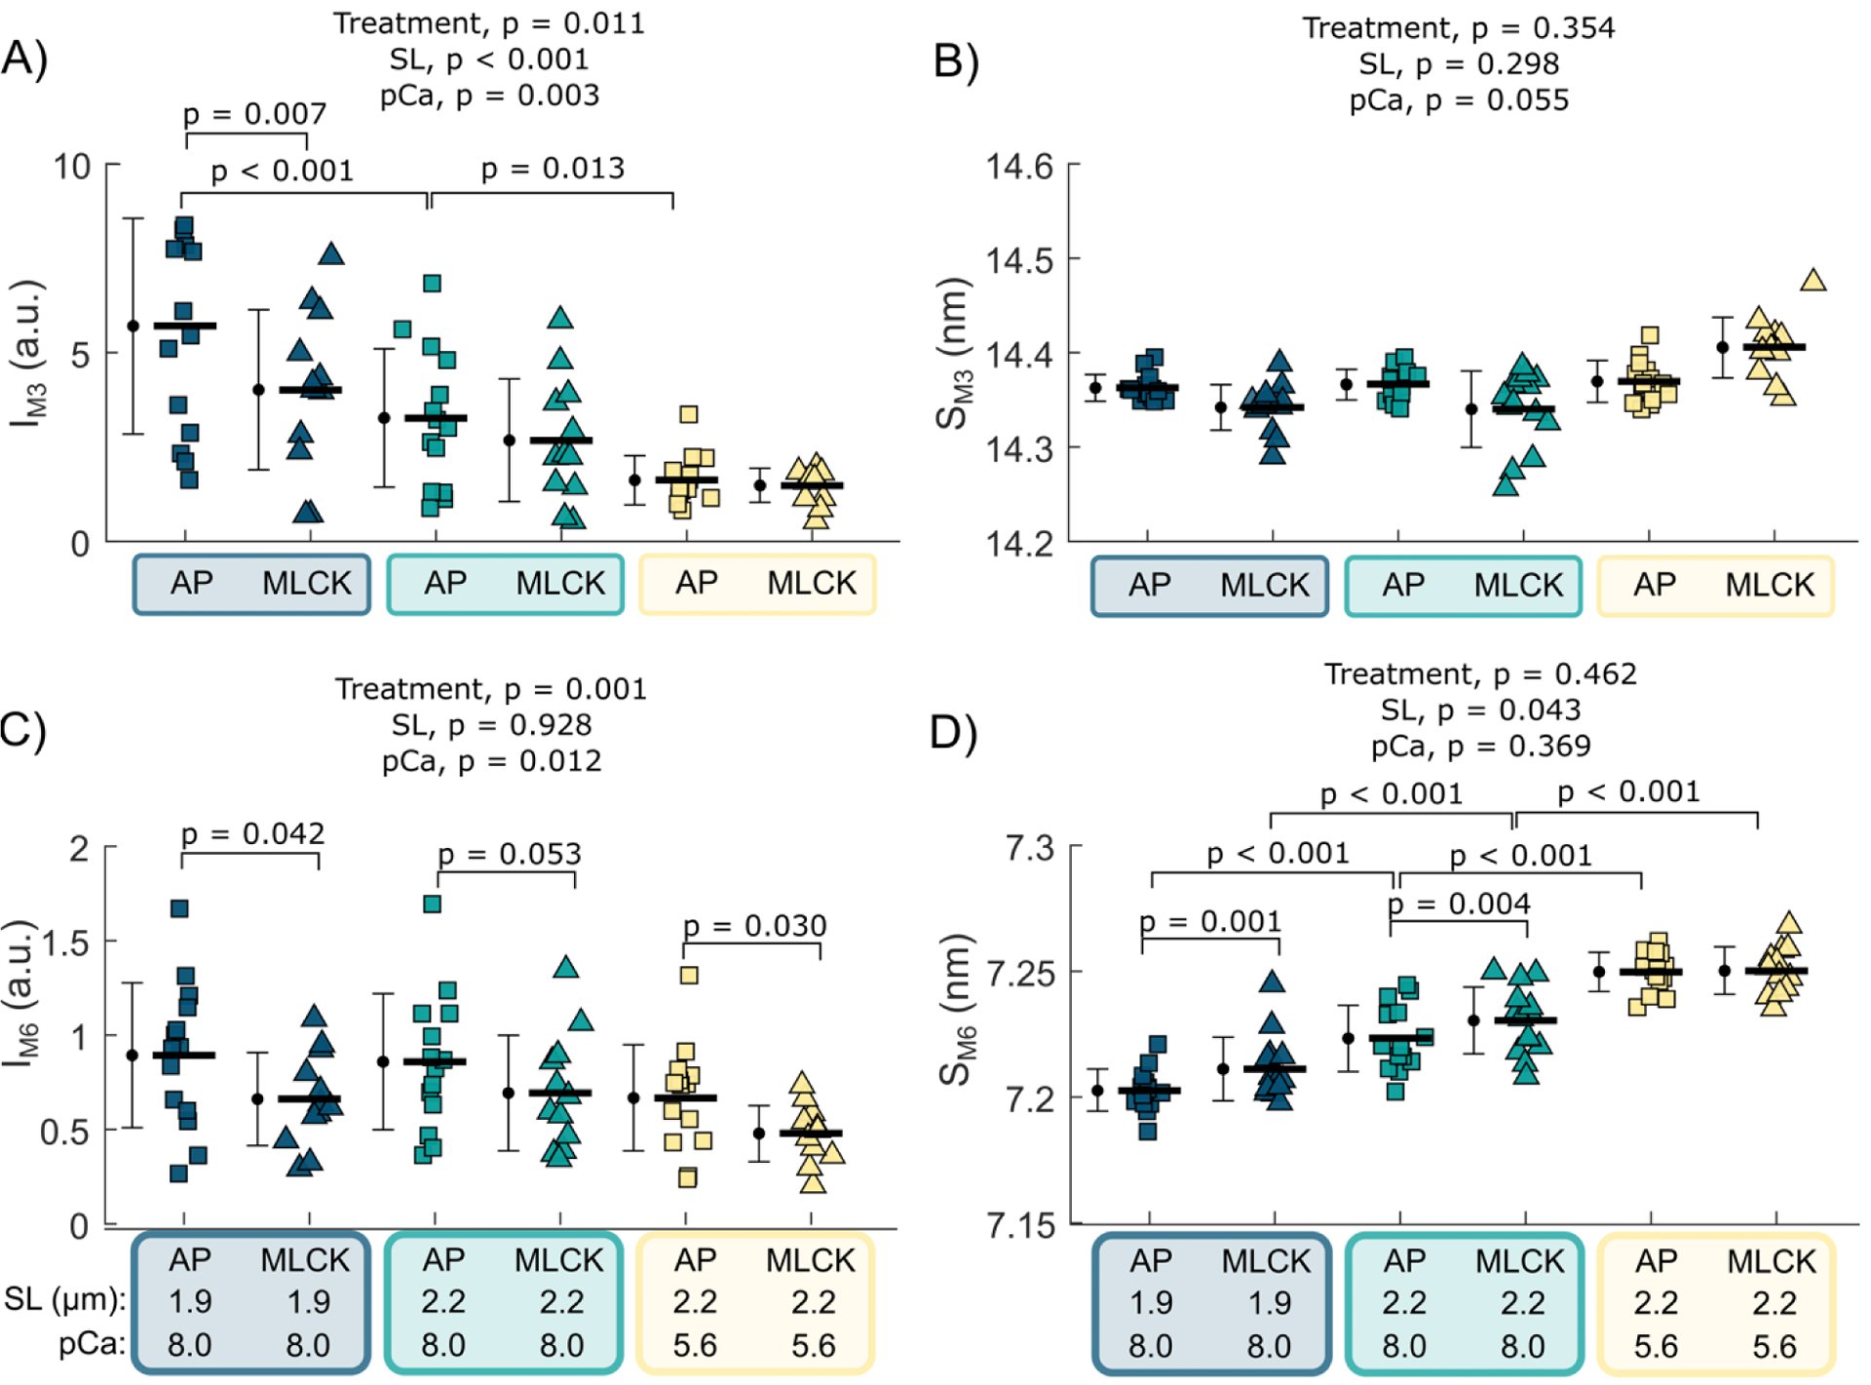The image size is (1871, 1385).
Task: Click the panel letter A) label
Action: click(25, 58)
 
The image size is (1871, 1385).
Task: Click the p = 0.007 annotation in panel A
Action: click(254, 114)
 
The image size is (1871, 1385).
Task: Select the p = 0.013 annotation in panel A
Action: click(553, 169)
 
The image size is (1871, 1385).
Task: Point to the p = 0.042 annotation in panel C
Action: click(252, 834)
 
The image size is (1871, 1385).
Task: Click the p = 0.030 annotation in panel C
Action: click(754, 925)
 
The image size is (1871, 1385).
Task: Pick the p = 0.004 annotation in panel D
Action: click(1459, 904)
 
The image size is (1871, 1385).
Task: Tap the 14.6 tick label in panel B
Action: click(1019, 167)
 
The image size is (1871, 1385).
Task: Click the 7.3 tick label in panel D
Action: click(1029, 849)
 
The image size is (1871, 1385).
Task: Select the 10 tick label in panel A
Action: click(72, 167)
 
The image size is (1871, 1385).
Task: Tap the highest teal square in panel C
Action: click(432, 904)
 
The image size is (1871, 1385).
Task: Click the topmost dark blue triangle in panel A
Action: click(331, 254)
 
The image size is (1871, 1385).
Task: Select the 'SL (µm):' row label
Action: click(64, 1299)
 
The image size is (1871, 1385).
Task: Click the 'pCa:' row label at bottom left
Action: click(92, 1344)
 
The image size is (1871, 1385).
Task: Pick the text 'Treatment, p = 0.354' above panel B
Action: click(1458, 28)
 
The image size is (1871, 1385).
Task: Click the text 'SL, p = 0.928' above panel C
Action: click(491, 725)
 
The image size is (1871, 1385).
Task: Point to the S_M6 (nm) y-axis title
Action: click(955, 1009)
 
